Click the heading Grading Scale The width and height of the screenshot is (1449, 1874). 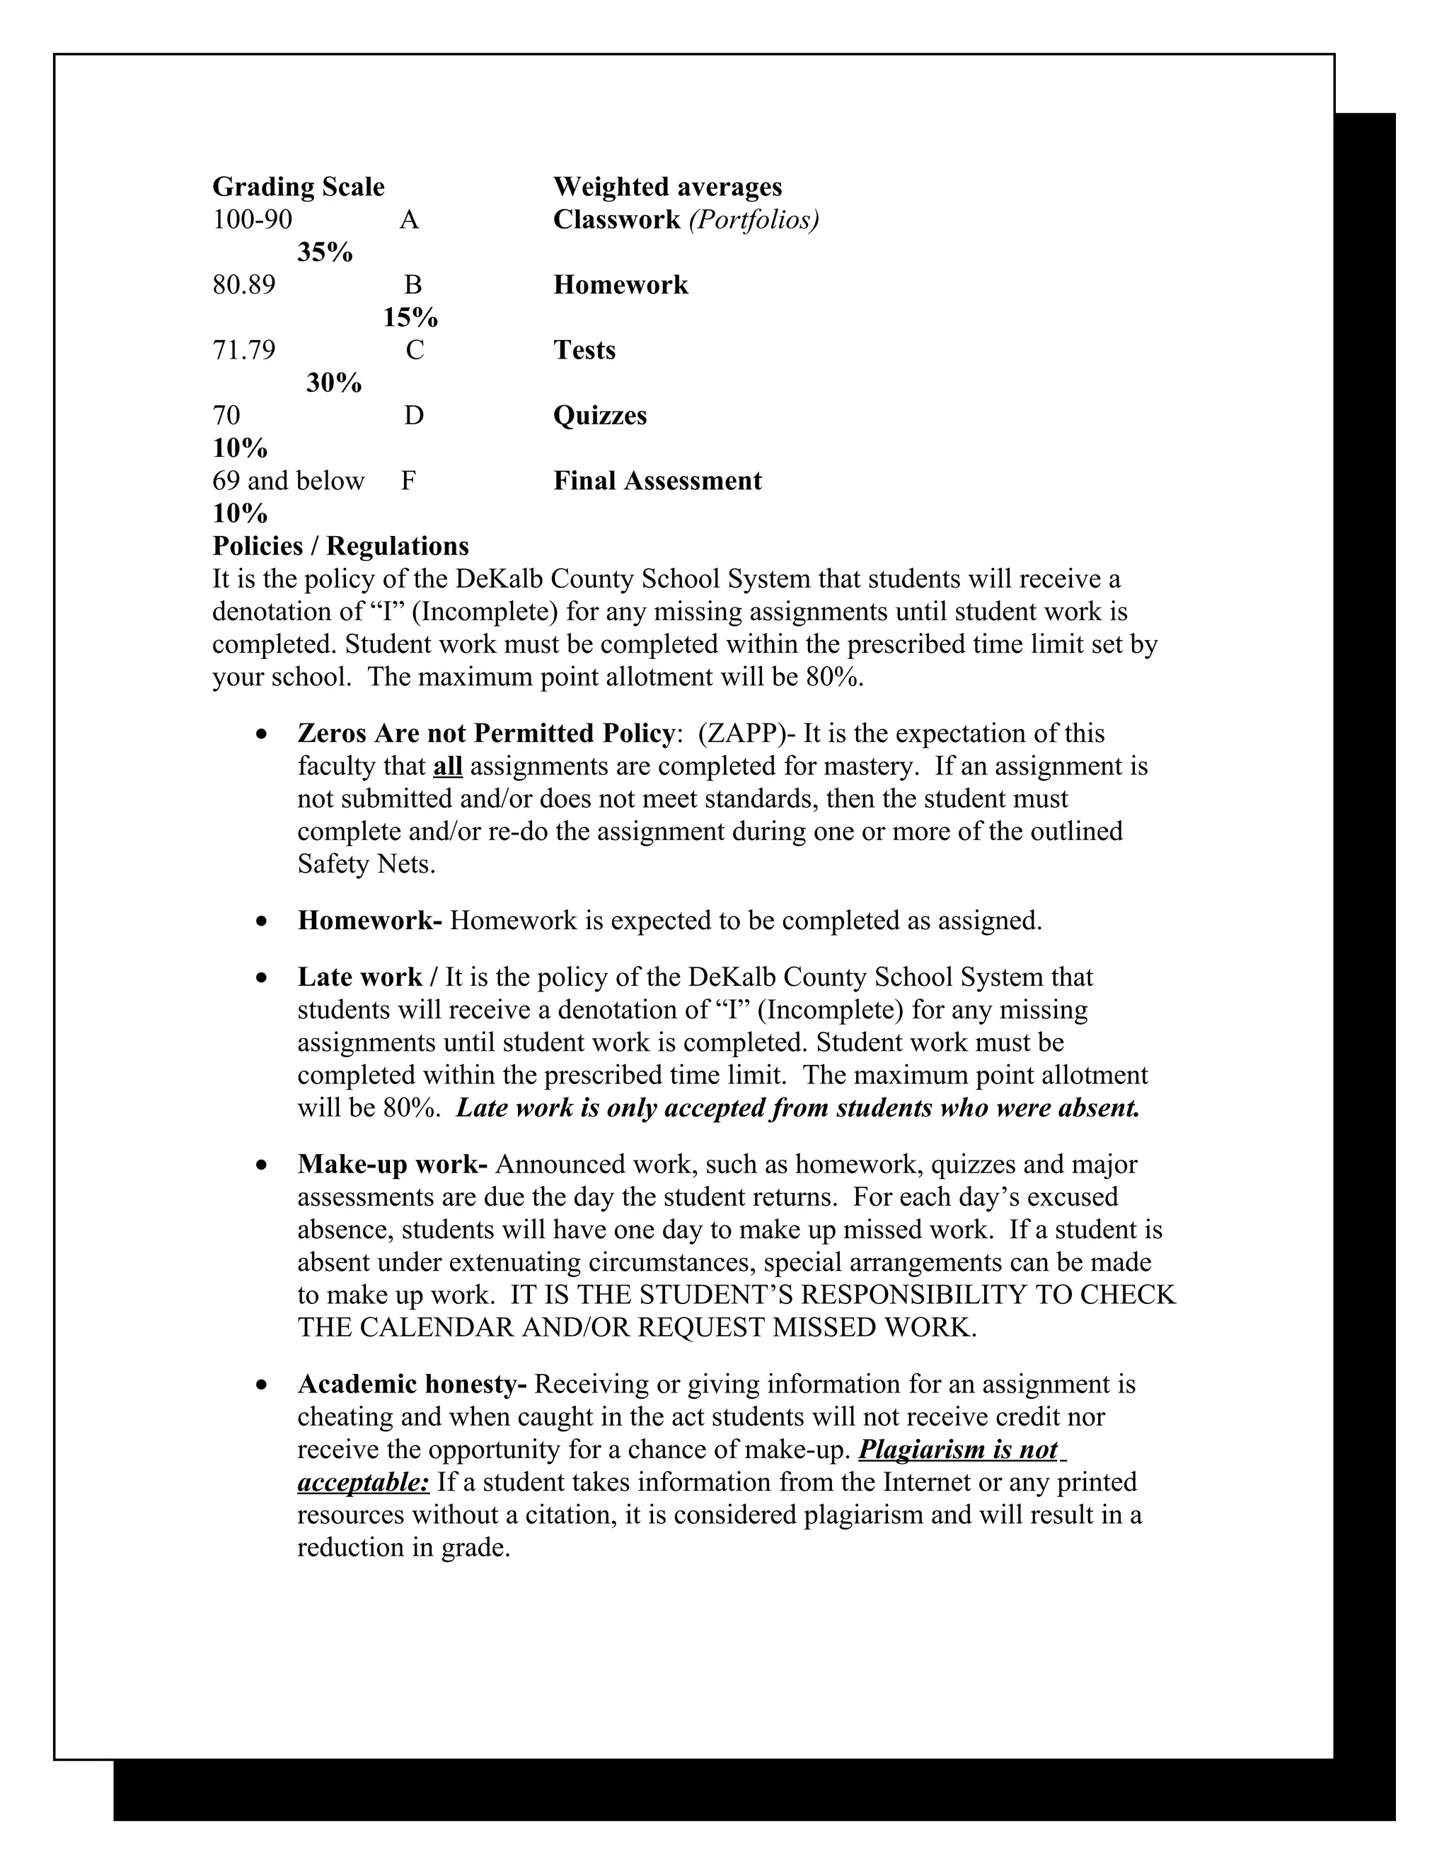[x=298, y=187]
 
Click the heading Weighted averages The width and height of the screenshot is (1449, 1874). [x=667, y=187]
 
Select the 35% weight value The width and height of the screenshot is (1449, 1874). [x=325, y=252]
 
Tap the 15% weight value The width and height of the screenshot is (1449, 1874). [x=410, y=318]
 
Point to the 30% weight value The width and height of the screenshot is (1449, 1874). [x=334, y=383]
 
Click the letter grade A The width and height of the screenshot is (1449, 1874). [x=409, y=221]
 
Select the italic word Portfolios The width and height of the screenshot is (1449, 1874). [x=754, y=221]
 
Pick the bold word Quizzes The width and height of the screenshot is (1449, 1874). [x=599, y=415]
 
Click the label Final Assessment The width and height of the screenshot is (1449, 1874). [x=657, y=480]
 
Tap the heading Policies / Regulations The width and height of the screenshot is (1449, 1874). [x=340, y=546]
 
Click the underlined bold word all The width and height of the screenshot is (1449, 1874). [x=447, y=765]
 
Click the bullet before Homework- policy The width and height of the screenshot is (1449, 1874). [x=262, y=921]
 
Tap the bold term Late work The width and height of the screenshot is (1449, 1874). [x=359, y=977]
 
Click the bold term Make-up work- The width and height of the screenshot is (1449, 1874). [x=392, y=1165]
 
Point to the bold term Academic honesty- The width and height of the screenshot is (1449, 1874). [x=412, y=1384]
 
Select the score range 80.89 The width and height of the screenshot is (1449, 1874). [x=244, y=285]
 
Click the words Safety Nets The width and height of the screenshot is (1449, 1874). [x=366, y=863]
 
